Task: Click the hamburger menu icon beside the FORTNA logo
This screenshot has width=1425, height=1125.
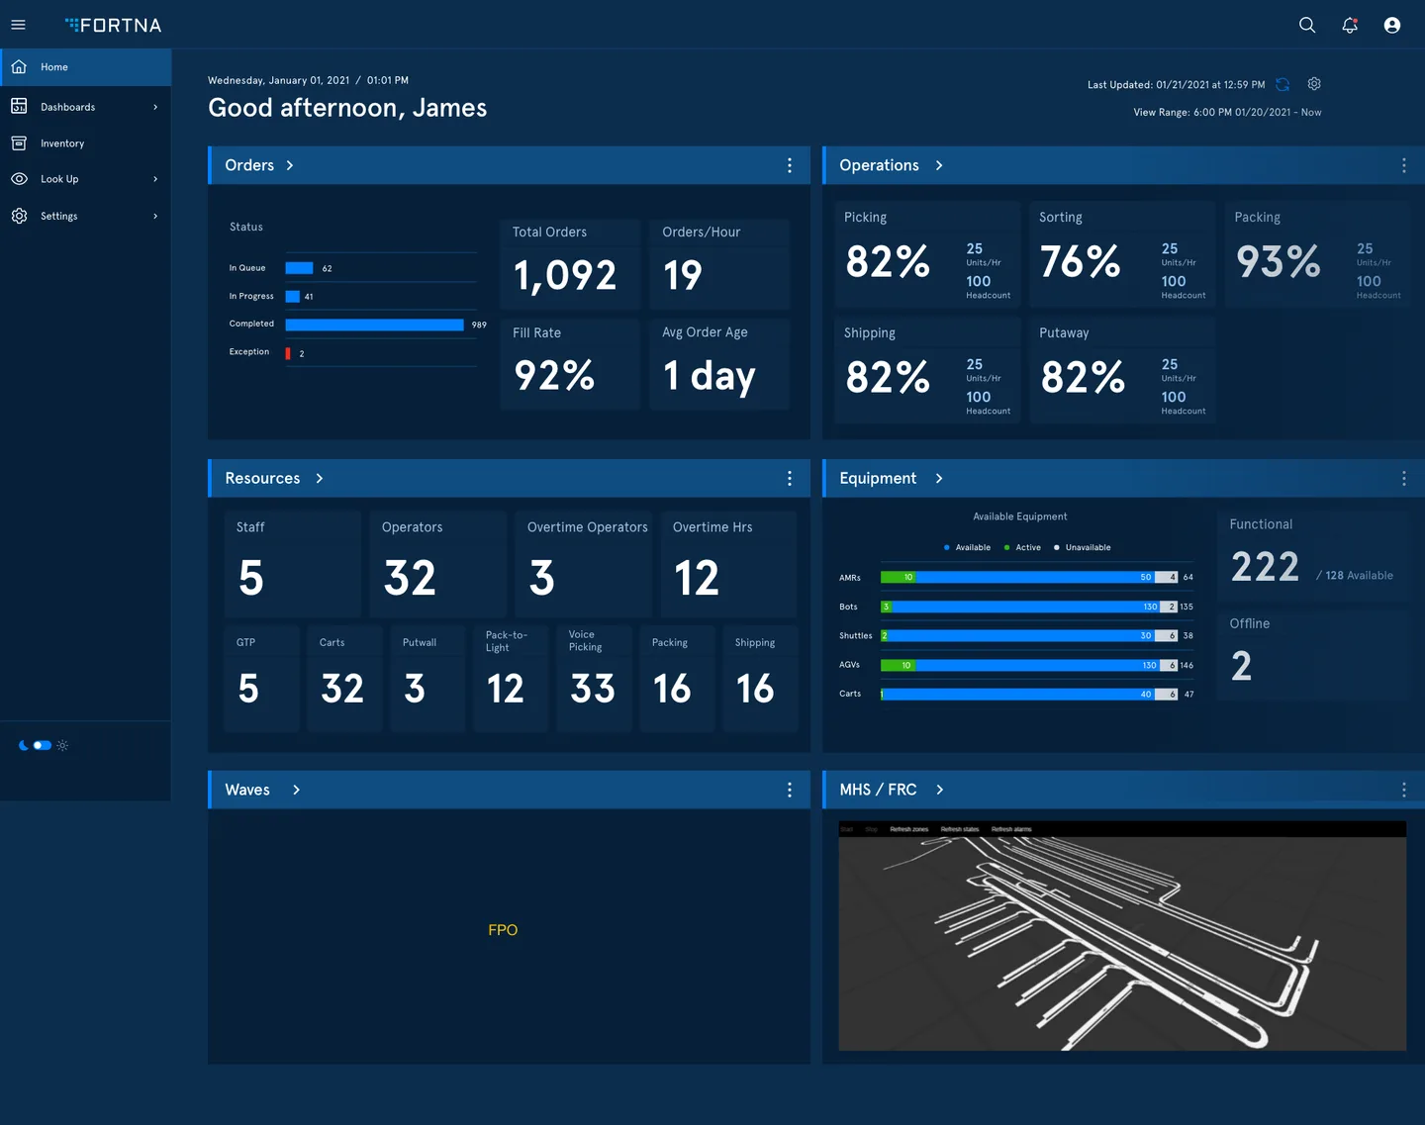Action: coord(18,25)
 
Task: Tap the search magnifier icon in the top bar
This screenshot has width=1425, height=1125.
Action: coord(1307,25)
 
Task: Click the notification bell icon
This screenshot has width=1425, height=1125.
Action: coord(1350,25)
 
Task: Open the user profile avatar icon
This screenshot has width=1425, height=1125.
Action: coord(1392,25)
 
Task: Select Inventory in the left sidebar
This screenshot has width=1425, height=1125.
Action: coord(61,143)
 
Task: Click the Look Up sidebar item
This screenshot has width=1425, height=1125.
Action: coord(59,179)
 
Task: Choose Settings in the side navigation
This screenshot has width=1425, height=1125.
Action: coord(58,216)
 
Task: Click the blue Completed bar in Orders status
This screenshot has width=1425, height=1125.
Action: coord(374,325)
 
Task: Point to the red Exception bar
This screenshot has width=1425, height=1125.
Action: coord(288,353)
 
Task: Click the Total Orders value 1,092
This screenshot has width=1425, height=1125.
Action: coord(565,275)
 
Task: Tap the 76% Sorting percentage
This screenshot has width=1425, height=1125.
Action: coord(1080,262)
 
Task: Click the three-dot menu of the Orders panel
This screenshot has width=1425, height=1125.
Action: coord(789,165)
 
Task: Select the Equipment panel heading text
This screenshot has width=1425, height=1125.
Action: coord(878,478)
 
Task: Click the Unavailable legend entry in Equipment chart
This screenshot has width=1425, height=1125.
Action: coord(1087,547)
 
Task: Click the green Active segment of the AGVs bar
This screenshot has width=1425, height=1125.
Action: coord(897,665)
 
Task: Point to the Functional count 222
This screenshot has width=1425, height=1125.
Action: coord(1265,567)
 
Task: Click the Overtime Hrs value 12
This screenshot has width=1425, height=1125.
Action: coord(697,578)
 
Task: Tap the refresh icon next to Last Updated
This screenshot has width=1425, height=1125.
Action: coord(1282,85)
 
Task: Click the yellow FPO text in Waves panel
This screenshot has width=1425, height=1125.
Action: coord(503,930)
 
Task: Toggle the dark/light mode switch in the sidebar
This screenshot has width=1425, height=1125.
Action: coord(42,745)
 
